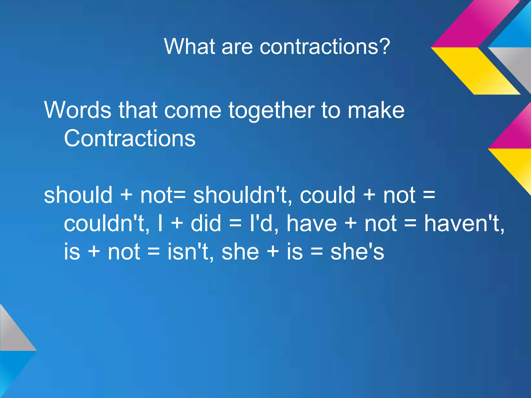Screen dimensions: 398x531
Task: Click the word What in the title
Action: [190, 46]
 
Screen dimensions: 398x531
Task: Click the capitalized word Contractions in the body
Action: [130, 138]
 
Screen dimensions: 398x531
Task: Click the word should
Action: [78, 195]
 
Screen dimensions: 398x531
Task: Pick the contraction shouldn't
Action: [240, 195]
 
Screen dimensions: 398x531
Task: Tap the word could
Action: [327, 195]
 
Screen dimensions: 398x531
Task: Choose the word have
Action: [311, 223]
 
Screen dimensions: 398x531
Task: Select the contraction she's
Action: [357, 252]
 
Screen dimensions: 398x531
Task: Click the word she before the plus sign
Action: [240, 252]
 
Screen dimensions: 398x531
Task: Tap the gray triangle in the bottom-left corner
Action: [13, 334]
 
